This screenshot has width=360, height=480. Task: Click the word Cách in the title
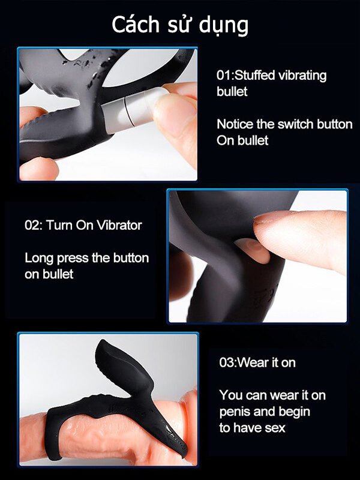click(136, 25)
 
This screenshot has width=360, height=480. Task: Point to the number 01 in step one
click(222, 76)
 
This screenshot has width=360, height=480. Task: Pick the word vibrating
click(302, 76)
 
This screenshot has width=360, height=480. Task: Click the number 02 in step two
click(32, 226)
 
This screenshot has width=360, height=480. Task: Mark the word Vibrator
click(119, 226)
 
